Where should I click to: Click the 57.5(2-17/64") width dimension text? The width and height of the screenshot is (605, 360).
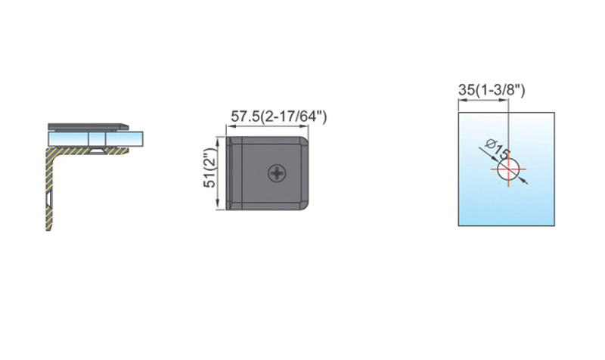278,116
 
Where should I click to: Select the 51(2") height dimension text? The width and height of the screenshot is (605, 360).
210,168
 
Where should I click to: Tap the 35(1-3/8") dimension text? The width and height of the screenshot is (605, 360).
492,90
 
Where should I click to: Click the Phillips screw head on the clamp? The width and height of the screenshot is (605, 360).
278,173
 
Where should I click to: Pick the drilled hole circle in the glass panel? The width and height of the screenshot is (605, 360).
508,169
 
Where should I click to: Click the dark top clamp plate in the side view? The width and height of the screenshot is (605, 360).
88,126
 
